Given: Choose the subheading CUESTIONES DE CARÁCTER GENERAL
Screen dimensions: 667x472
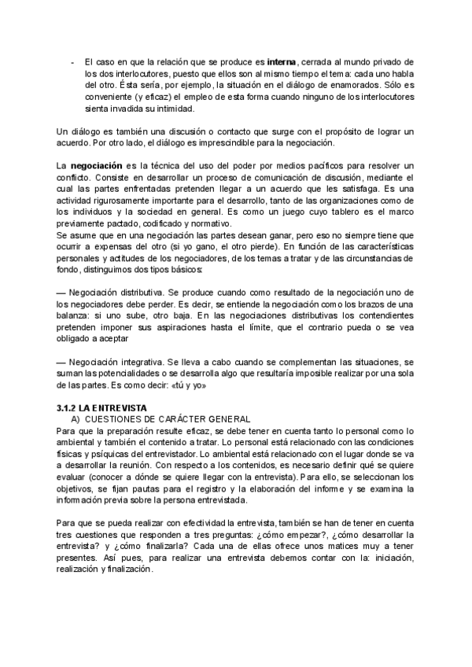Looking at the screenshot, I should click(167, 419).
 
